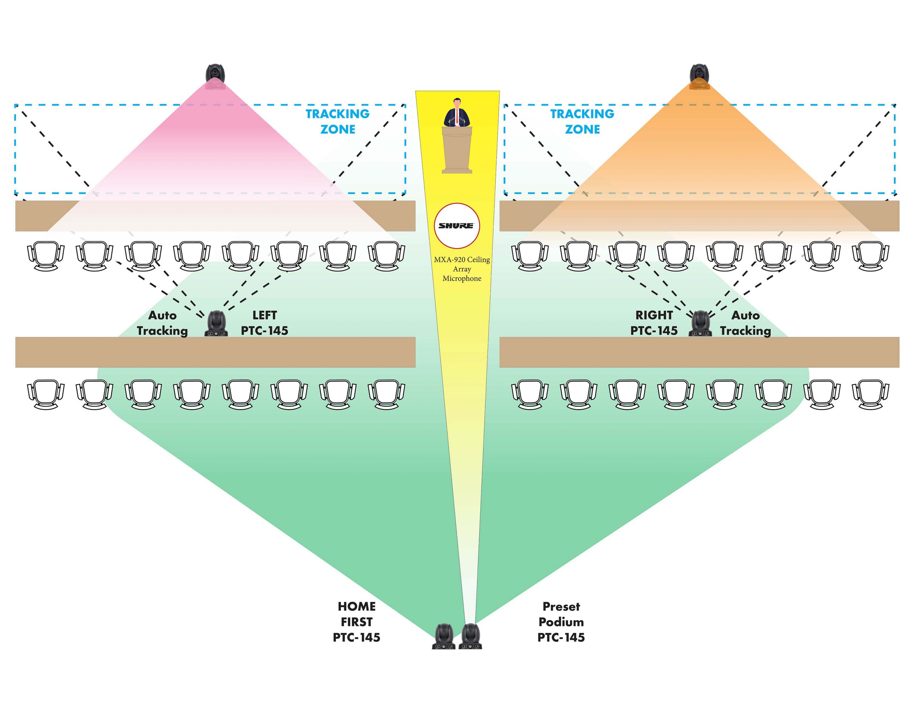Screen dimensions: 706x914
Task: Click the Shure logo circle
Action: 457,226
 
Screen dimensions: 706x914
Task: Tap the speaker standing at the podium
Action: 457,112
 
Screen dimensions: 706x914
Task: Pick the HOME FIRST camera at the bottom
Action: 443,636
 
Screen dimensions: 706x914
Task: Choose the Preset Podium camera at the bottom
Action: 471,636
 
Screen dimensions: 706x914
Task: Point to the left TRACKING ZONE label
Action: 337,121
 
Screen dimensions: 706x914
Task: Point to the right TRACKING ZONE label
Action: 582,121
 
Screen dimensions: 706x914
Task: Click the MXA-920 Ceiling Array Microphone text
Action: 462,269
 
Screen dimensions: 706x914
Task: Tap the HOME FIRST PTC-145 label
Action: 357,622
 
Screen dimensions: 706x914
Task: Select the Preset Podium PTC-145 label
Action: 561,622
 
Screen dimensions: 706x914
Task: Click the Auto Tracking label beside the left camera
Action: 162,323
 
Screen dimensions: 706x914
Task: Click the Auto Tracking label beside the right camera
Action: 745,323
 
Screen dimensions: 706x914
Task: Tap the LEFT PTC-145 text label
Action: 265,323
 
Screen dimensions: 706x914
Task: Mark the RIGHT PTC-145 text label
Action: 654,323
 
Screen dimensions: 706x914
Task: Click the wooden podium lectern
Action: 457,150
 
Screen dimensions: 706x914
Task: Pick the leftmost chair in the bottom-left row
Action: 46,394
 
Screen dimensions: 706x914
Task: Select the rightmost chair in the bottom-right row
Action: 870,394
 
